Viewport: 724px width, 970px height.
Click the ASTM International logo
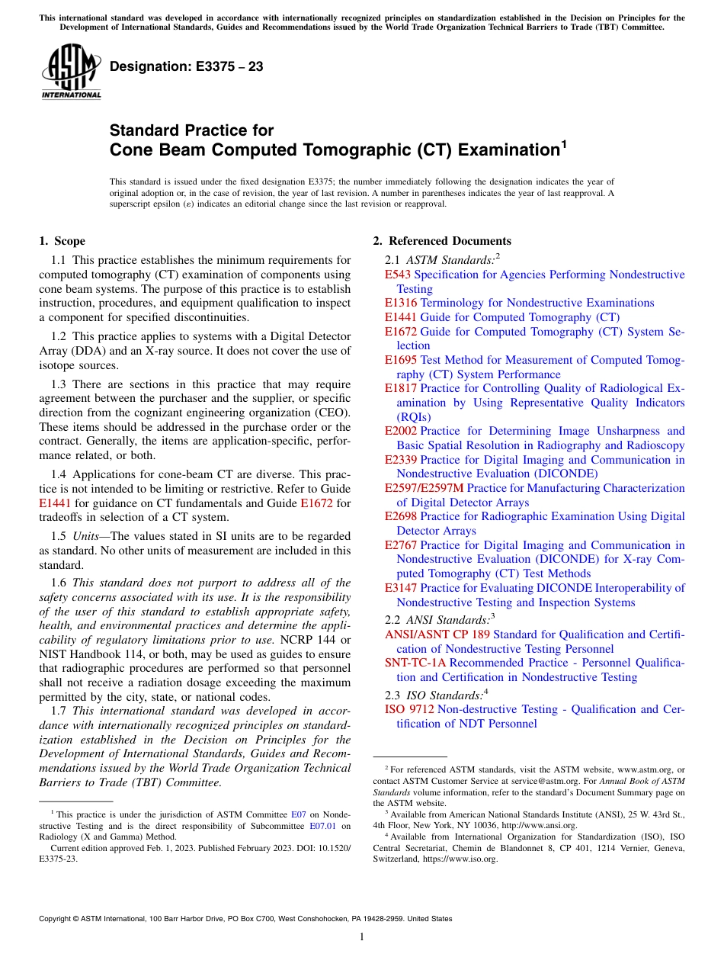pyautogui.click(x=71, y=72)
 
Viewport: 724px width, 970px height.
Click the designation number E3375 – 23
pyautogui.click(x=187, y=67)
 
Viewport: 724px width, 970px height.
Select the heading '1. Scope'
pyautogui.click(x=62, y=241)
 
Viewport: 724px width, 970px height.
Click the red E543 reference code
pyautogui.click(x=398, y=275)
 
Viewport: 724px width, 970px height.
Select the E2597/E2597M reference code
pyautogui.click(x=424, y=488)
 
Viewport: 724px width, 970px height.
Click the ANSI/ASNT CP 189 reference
pyautogui.click(x=437, y=634)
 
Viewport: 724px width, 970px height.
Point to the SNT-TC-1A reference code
pyautogui.click(x=415, y=663)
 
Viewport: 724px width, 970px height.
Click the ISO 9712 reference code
pyautogui.click(x=410, y=709)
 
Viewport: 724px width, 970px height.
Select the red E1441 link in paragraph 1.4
pyautogui.click(x=53, y=503)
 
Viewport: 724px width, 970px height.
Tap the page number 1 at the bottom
pyautogui.click(x=362, y=937)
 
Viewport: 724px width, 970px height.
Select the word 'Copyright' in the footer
pyautogui.click(x=58, y=919)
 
